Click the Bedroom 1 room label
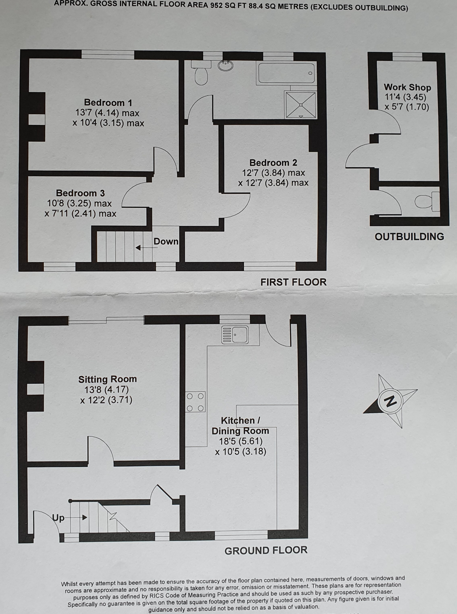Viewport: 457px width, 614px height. (x=108, y=103)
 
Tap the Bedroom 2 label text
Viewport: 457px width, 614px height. (x=273, y=163)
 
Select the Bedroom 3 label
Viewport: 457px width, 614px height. (x=80, y=193)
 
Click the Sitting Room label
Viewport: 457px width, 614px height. (x=107, y=379)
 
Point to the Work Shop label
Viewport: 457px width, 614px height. (x=407, y=87)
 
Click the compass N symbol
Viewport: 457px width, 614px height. (x=390, y=401)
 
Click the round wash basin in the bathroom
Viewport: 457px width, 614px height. (x=226, y=65)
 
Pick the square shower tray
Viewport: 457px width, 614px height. (x=301, y=105)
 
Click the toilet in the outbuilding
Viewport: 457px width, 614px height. (x=427, y=201)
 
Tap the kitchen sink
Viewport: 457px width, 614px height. (x=235, y=335)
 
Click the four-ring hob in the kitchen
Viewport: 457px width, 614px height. (x=195, y=402)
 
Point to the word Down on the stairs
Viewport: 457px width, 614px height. (x=166, y=242)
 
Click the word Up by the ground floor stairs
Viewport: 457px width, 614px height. (x=58, y=518)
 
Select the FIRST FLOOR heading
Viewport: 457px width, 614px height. (x=293, y=282)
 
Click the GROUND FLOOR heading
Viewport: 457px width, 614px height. (x=266, y=550)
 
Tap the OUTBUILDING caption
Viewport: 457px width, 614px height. (x=409, y=237)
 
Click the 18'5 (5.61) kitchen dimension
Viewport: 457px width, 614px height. (x=241, y=441)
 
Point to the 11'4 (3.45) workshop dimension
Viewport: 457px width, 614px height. (x=405, y=97)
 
